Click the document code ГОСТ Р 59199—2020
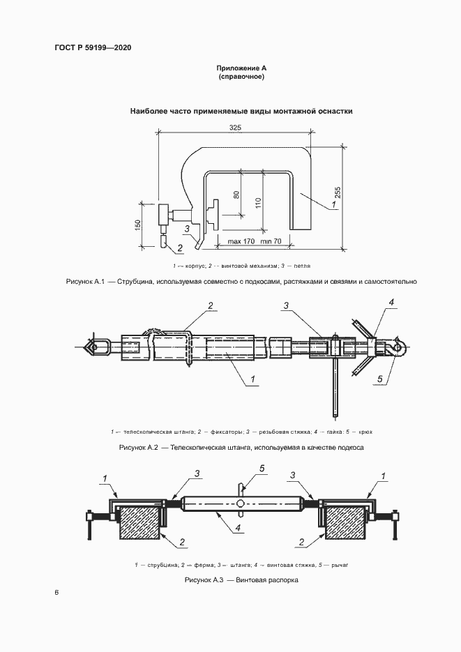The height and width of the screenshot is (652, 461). [93, 47]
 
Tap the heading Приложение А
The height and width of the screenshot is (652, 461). [241, 68]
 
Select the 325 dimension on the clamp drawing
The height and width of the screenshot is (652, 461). [235, 128]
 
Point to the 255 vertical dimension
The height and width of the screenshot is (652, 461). [338, 193]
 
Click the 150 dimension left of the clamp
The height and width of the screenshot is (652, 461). [138, 225]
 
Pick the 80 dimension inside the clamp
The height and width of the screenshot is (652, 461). [236, 195]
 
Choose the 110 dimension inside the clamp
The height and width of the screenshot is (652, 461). [258, 202]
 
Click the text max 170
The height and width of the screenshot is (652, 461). [241, 241]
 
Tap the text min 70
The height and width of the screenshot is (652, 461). [271, 241]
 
